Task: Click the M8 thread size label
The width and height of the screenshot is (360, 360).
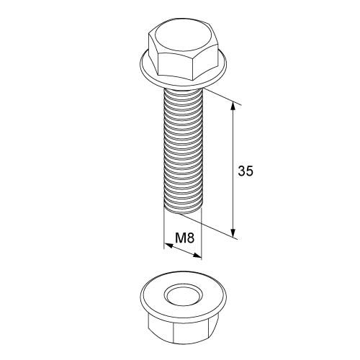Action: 184,238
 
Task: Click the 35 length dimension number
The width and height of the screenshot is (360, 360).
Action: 246,171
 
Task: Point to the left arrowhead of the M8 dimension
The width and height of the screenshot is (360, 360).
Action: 168,246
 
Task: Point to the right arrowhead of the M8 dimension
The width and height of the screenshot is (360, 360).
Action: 197,256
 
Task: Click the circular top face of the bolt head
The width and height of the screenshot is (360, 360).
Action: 183,37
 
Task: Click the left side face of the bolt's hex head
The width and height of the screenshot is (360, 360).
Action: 153,52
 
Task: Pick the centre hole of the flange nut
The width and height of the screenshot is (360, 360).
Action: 184,295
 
